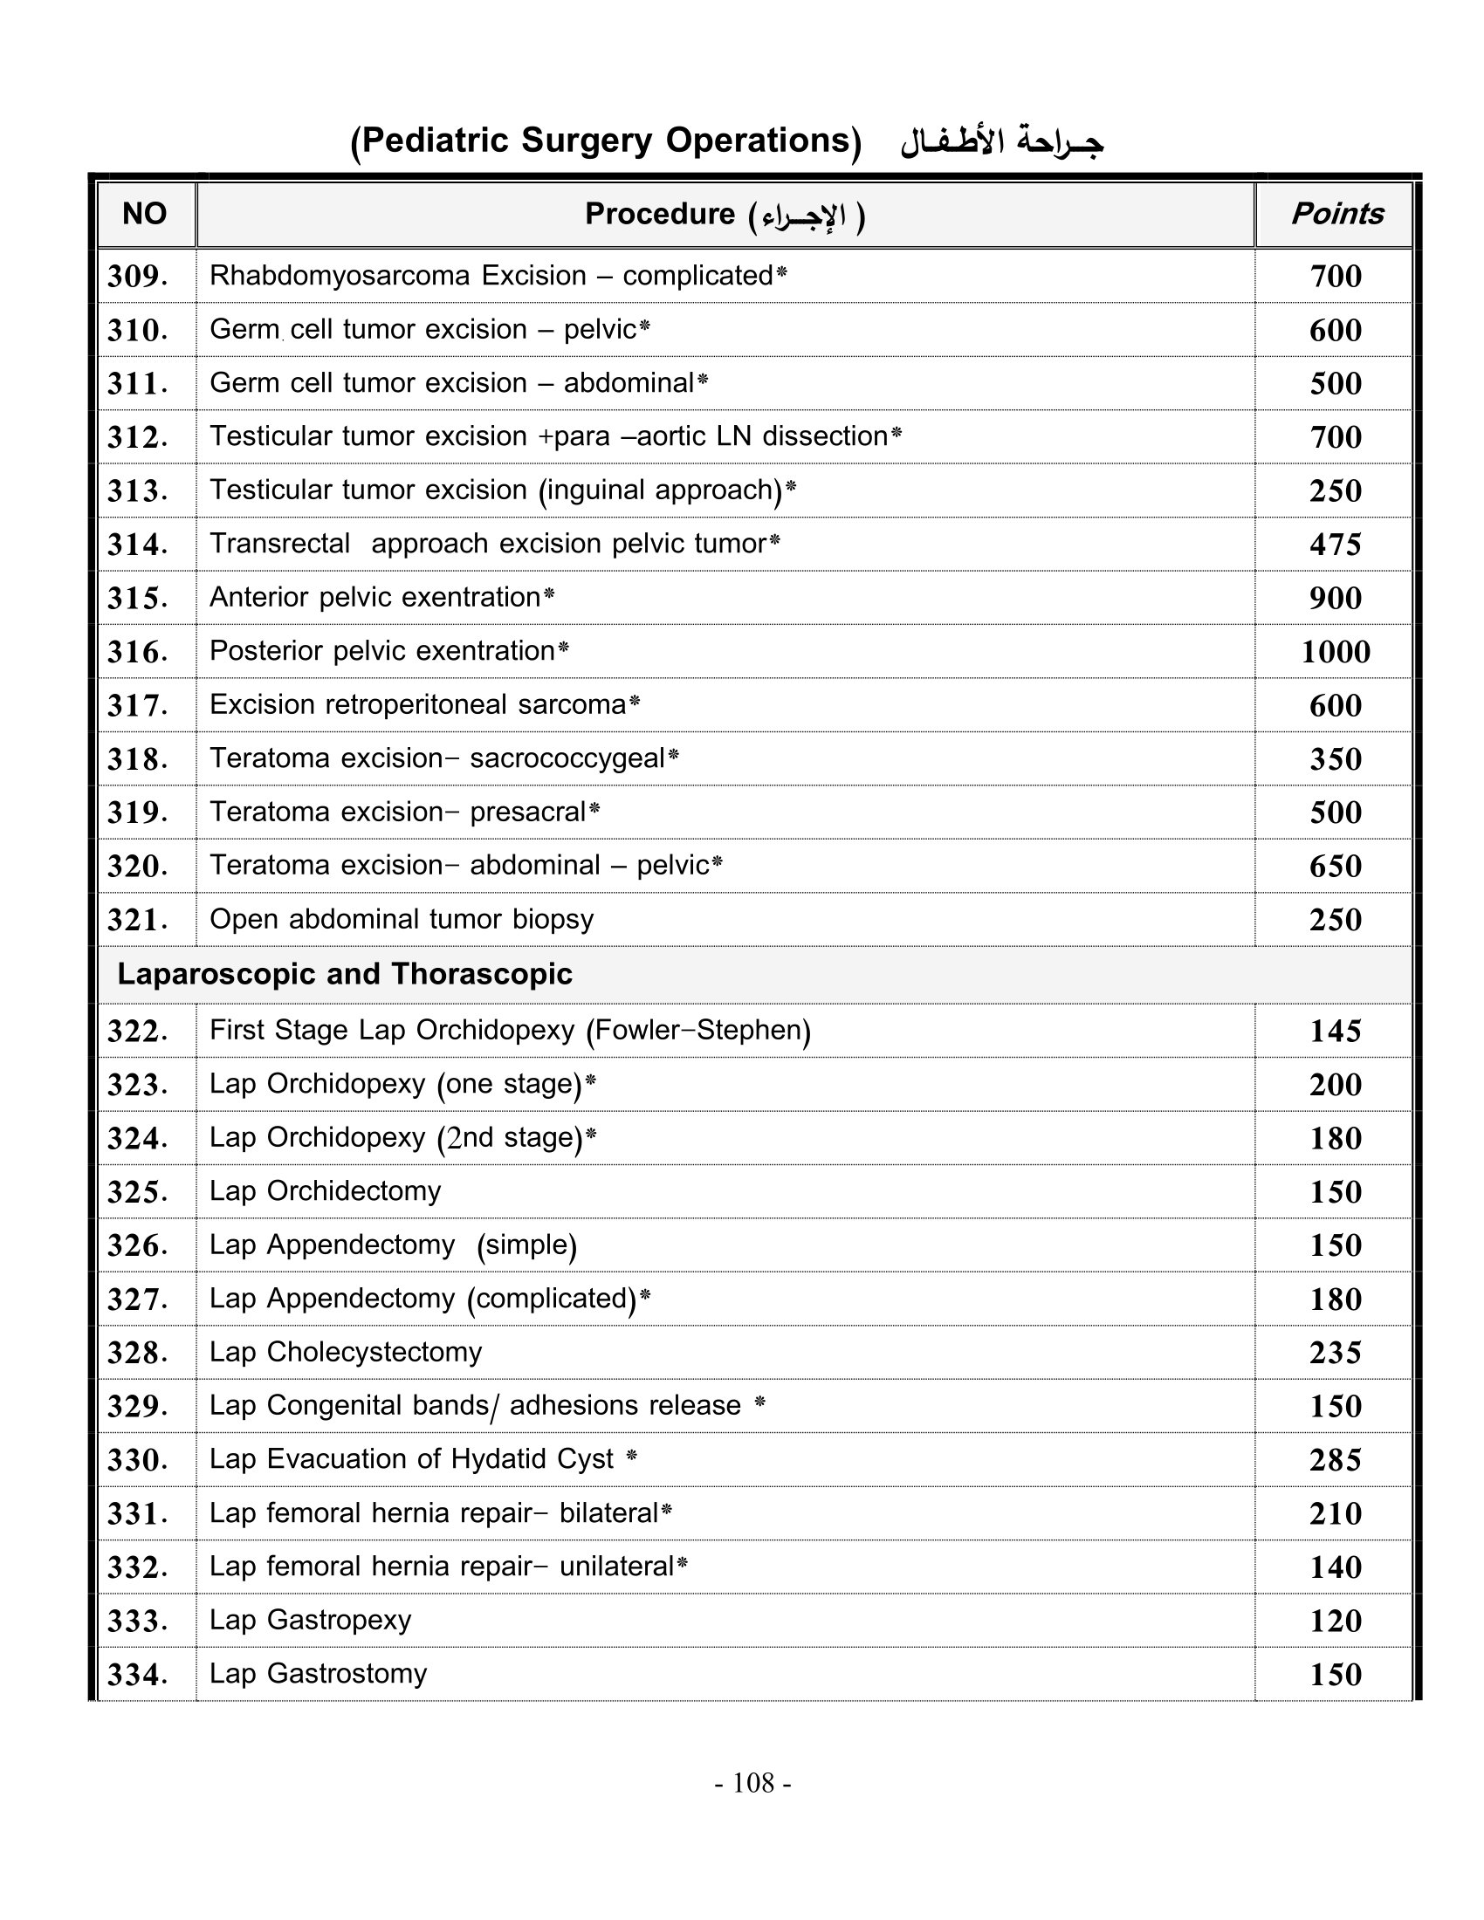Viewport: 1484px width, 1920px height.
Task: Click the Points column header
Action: [x=1336, y=214]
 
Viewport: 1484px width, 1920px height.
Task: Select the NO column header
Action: [x=144, y=214]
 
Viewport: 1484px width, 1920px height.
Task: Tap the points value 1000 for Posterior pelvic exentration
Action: [x=1336, y=651]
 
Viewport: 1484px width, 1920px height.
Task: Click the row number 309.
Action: [x=137, y=276]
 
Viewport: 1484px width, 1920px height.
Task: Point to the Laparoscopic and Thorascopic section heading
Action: [x=345, y=974]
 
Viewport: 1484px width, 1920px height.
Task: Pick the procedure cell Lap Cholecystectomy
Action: [x=346, y=1351]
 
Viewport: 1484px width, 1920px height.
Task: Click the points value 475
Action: [x=1336, y=545]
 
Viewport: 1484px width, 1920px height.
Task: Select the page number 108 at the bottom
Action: [x=752, y=1782]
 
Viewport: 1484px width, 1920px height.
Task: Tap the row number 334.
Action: [x=137, y=1674]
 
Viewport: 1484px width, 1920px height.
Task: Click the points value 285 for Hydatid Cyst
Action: [x=1336, y=1459]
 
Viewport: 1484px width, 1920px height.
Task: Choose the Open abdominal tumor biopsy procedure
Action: [x=401, y=919]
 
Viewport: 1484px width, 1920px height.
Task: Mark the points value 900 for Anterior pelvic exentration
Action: [x=1336, y=598]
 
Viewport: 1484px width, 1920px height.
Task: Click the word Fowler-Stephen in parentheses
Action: [x=698, y=1030]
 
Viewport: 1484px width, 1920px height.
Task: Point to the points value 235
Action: [x=1336, y=1352]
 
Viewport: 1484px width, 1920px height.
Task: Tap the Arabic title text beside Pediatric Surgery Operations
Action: [x=1001, y=141]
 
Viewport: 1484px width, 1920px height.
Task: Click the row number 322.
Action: [x=137, y=1031]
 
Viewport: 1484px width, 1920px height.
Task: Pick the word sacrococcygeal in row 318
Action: [x=567, y=758]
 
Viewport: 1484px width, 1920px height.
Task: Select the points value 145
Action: [x=1336, y=1031]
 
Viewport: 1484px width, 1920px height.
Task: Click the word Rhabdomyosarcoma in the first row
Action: [x=341, y=275]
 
